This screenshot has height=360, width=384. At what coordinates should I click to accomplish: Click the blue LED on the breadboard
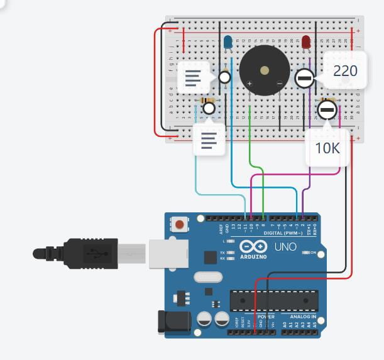point(228,42)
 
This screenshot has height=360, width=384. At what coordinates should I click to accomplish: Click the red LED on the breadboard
point(306,42)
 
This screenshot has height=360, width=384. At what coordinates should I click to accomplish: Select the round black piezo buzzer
point(265,70)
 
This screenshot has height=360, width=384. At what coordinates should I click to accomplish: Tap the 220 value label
point(345,71)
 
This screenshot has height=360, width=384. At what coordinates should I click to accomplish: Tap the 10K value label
point(327,148)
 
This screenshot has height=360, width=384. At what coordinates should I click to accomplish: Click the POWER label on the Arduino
point(266,316)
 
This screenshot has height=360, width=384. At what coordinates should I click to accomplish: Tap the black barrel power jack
point(174,322)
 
